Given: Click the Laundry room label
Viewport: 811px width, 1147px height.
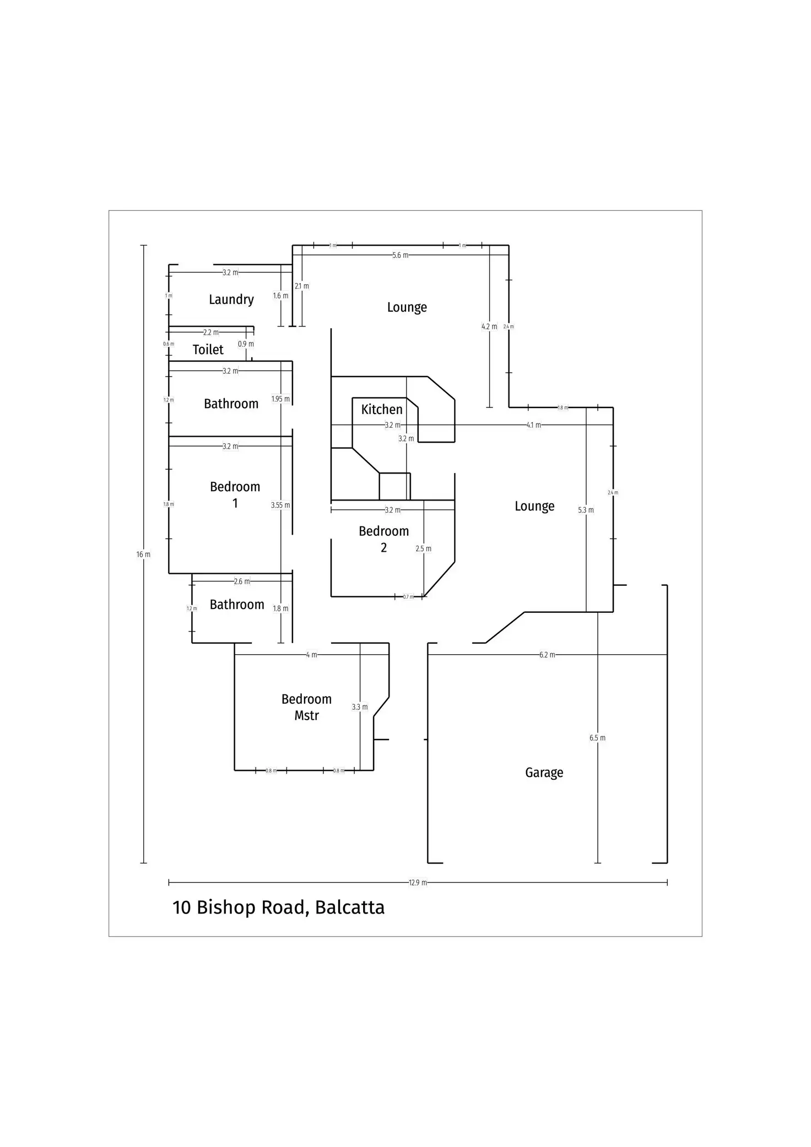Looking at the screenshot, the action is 231,300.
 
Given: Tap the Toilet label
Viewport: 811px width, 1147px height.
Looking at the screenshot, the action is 208,350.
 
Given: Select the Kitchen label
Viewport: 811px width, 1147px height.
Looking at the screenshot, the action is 382,410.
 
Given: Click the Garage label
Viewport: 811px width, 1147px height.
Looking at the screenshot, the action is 544,773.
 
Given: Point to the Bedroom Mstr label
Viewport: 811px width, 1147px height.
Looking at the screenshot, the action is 306,707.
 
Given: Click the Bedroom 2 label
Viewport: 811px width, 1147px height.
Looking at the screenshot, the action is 383,539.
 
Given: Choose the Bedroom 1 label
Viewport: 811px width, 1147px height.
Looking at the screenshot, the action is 235,494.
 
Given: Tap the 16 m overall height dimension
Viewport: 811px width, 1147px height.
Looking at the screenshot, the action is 143,555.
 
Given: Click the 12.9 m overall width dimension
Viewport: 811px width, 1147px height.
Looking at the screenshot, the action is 418,883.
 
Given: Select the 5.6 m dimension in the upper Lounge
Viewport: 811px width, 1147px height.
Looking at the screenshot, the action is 401,256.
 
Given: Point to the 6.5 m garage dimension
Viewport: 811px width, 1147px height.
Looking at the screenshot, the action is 597,738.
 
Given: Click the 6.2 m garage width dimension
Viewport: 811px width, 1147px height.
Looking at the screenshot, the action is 547,655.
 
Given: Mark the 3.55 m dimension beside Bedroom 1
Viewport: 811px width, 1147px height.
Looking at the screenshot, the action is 280,505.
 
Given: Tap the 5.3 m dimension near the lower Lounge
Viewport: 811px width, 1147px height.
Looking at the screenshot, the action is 586,510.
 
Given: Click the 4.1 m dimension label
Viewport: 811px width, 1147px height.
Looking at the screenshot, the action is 533,425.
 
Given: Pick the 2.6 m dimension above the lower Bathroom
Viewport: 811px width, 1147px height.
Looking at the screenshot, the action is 242,581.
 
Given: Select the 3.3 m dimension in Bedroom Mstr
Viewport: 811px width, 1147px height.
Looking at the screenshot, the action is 360,707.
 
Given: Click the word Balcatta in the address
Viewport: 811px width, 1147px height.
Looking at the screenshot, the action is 349,907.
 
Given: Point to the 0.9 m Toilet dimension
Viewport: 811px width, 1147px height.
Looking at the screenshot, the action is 246,344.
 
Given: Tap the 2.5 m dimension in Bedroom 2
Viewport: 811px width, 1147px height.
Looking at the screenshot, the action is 424,549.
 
